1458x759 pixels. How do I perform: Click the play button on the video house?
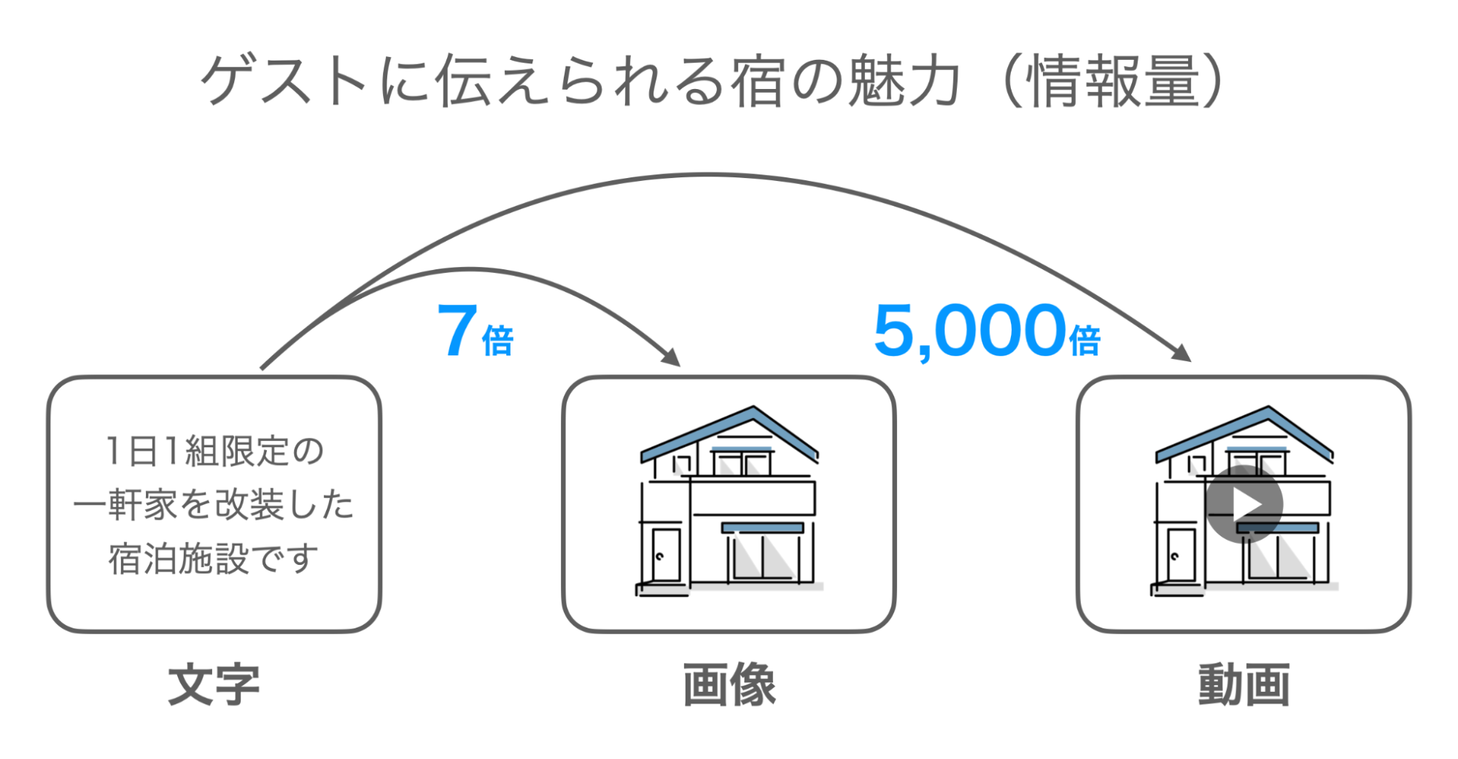1244,504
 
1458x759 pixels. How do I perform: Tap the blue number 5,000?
970,331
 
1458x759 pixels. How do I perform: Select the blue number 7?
457,331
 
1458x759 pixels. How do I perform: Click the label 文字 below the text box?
214,685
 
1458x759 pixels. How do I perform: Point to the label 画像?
729,685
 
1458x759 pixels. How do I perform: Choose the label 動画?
1244,685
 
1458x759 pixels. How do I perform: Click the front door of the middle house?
665,555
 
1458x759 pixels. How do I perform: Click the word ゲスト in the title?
284,80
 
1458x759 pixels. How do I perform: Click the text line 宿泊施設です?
214,559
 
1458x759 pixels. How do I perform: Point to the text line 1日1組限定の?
214,451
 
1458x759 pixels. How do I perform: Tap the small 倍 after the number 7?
498,341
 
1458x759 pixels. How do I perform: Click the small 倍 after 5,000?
1085,341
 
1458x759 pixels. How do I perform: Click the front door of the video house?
1180,555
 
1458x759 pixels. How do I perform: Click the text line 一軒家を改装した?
214,505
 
